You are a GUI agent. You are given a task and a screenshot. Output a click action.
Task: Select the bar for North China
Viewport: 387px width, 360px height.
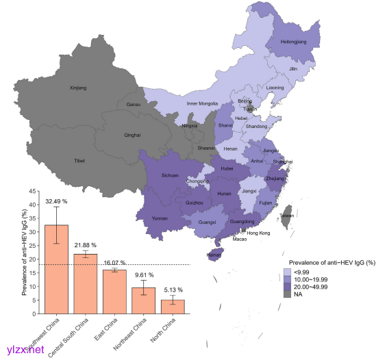[173, 307]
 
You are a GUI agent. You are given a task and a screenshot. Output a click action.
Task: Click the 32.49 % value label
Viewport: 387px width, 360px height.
[57, 202]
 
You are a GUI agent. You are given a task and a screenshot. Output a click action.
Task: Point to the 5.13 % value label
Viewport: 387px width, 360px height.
[173, 290]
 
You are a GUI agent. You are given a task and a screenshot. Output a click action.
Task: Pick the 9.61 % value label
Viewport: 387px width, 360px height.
[144, 274]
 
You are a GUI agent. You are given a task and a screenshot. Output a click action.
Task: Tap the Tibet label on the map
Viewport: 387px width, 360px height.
[79, 160]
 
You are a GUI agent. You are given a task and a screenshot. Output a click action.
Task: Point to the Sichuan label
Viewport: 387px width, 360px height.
[170, 175]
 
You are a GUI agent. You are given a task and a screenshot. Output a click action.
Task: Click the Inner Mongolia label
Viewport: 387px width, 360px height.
[202, 103]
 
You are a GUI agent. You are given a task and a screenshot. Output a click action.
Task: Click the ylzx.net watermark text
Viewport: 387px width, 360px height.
[25, 350]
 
